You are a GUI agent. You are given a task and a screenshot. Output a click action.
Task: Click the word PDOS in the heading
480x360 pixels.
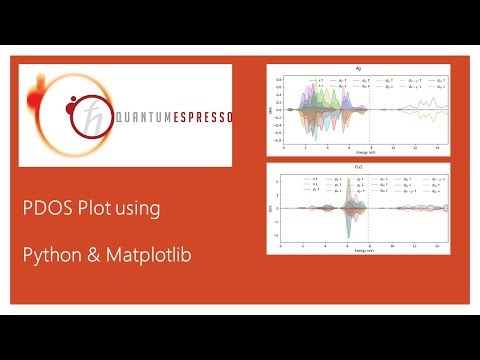[47, 209]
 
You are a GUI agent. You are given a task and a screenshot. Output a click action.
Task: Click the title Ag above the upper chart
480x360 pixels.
[357, 67]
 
